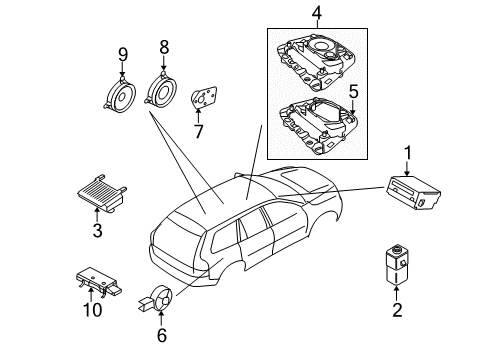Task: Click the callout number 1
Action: (x=407, y=151)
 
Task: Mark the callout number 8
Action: (x=166, y=46)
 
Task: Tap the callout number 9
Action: (x=122, y=54)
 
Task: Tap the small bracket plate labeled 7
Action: (x=204, y=99)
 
